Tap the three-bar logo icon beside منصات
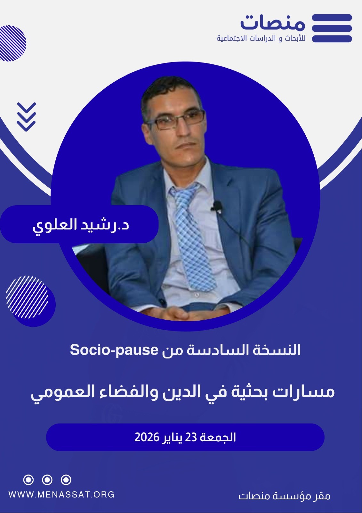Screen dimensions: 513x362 (x=332, y=28)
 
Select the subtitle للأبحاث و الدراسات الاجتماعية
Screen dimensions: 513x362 (x=261, y=38)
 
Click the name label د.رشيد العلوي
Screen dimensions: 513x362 (x=80, y=225)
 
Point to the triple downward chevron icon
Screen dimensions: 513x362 (x=27, y=117)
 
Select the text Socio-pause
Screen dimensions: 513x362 (x=114, y=350)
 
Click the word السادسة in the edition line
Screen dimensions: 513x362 (x=218, y=350)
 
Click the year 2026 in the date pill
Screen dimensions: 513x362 (x=147, y=437)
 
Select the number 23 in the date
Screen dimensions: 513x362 (x=191, y=437)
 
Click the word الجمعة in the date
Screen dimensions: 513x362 (x=218, y=437)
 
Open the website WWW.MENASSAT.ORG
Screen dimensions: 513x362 (x=61, y=494)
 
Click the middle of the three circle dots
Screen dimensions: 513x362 (x=47, y=480)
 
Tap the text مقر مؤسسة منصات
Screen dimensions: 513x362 (x=284, y=496)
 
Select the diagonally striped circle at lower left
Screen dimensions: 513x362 (x=27, y=297)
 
